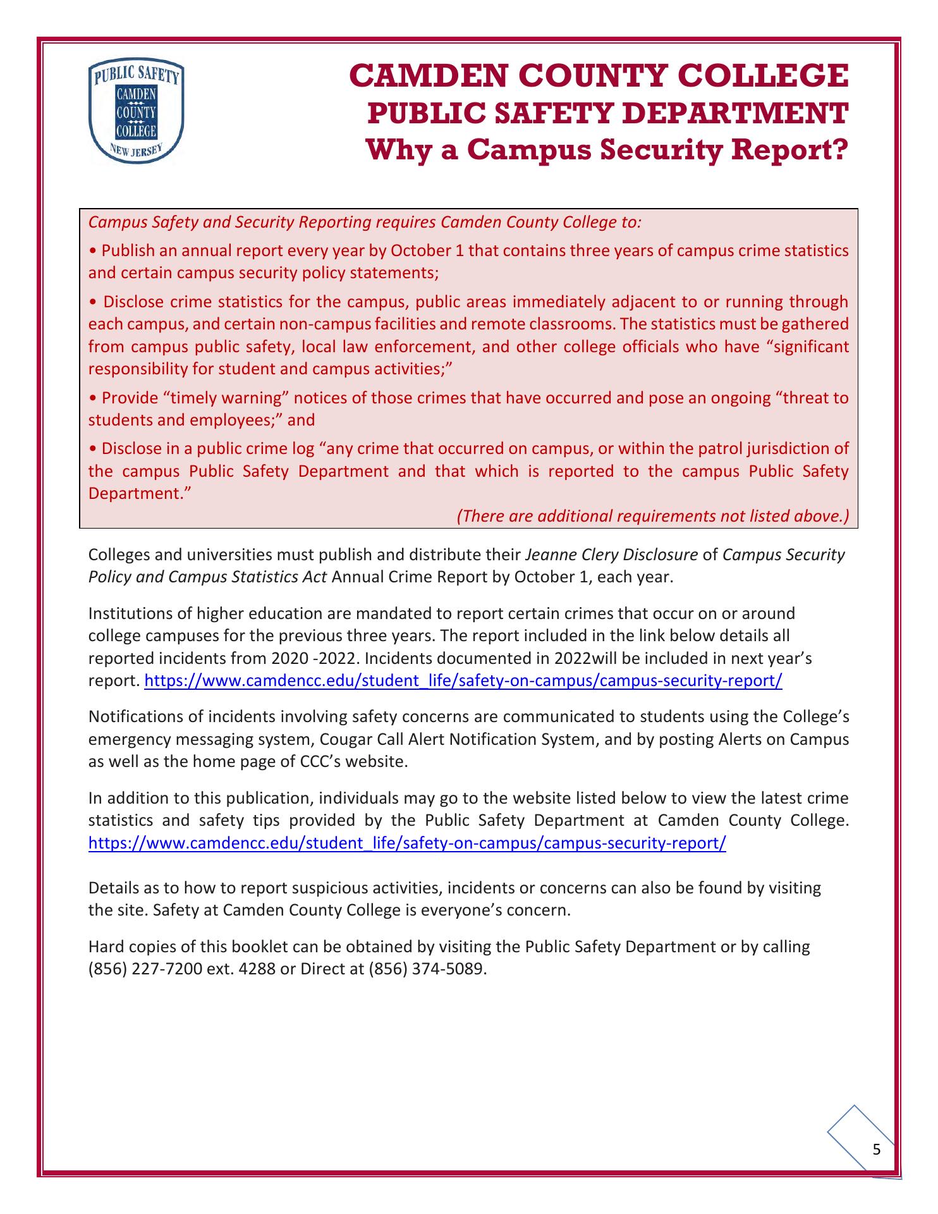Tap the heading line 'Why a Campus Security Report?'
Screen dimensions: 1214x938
[607, 150]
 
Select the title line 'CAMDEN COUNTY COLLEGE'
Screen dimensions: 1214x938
[599, 76]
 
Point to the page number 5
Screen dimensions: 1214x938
[876, 1150]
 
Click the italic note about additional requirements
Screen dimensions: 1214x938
[652, 516]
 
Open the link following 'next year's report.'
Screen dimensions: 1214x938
[463, 681]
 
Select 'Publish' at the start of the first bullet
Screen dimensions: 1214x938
[128, 250]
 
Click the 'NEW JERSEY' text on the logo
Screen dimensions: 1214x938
[137, 152]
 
